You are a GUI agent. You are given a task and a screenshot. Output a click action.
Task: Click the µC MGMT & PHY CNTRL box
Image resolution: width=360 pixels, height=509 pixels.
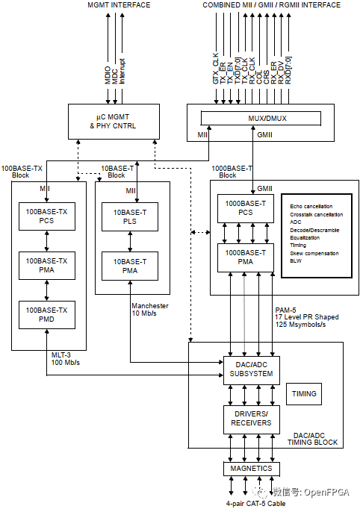[114, 122]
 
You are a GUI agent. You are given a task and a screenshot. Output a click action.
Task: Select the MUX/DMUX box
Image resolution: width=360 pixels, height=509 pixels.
[261, 118]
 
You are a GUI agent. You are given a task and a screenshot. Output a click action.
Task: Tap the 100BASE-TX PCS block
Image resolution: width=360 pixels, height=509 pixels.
[47, 216]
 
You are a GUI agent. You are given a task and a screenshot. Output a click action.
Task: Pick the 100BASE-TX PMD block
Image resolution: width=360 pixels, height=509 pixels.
[47, 315]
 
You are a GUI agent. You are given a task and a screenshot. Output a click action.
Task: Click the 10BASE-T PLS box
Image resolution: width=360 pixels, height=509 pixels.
[130, 217]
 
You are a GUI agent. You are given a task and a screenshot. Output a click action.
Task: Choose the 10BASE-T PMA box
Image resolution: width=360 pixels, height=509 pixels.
[130, 266]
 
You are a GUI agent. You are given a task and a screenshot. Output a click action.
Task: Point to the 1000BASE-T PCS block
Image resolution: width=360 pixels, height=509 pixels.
[246, 208]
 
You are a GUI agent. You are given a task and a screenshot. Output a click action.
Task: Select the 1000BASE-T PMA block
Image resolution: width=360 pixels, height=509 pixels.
[246, 257]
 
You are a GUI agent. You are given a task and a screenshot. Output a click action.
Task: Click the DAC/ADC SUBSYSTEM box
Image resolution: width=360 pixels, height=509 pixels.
[252, 370]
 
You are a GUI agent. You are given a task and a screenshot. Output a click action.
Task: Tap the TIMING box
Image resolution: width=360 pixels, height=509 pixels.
[304, 394]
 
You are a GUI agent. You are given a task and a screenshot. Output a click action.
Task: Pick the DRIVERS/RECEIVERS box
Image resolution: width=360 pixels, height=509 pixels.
[252, 419]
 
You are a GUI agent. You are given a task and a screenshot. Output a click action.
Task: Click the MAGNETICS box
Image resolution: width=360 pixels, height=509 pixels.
[252, 469]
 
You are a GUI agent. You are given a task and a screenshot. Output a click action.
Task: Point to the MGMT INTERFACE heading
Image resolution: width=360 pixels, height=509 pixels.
[119, 5]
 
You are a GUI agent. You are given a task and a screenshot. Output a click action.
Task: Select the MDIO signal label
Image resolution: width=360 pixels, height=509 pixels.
[108, 75]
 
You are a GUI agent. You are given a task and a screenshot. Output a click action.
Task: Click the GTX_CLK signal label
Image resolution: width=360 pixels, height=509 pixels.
[216, 69]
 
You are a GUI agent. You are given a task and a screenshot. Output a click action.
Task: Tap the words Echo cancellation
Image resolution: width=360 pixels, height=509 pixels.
[311, 207]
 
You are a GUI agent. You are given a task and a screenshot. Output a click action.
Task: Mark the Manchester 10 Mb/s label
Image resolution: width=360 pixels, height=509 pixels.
[150, 310]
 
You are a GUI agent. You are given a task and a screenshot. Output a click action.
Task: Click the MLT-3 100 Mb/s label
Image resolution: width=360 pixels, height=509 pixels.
[66, 359]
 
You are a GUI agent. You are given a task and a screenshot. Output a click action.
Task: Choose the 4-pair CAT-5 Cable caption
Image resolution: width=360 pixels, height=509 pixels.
[256, 504]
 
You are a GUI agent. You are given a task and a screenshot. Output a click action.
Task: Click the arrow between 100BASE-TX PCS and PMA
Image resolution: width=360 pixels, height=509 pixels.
[47, 241]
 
